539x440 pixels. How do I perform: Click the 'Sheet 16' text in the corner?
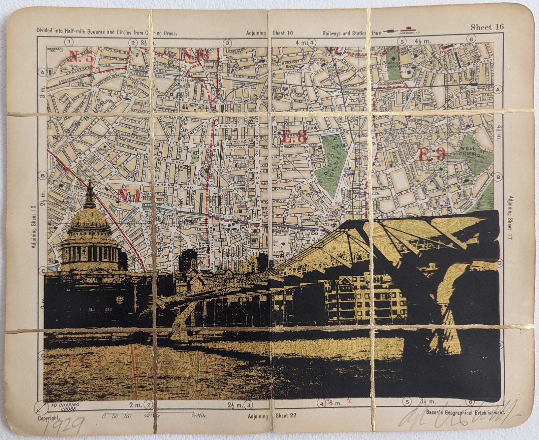pos(487,27)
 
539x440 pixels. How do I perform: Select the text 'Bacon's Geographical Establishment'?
pos(465,412)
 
